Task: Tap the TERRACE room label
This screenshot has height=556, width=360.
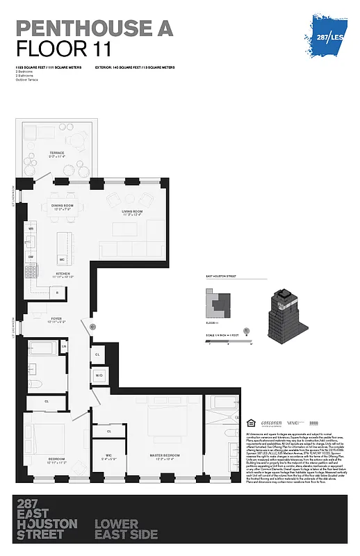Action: tap(56, 153)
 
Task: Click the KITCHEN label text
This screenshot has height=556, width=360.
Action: tap(63, 274)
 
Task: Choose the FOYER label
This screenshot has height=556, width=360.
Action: tap(56, 318)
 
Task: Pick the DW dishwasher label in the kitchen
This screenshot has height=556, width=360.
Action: tap(31, 256)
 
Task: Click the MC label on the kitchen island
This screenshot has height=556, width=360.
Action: tap(62, 259)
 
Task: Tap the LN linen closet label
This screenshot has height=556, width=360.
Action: tap(64, 345)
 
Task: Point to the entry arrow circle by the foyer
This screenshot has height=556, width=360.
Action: tap(92, 325)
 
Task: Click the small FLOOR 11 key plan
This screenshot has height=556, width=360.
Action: tap(221, 304)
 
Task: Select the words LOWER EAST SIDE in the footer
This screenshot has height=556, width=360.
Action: tap(126, 529)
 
